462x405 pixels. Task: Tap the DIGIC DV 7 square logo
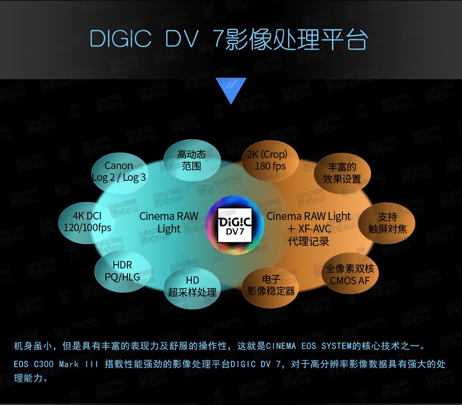pos(235,225)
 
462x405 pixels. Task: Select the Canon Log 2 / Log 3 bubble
pos(119,173)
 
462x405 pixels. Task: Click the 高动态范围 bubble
pos(192,160)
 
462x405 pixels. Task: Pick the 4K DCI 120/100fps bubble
pos(87,223)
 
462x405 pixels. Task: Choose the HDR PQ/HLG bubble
pos(123,271)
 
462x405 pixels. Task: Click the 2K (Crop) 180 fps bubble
pos(270,161)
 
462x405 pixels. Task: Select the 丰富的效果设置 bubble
pos(342,173)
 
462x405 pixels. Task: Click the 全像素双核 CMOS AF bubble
pos(350,274)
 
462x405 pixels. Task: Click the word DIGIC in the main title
pos(120,39)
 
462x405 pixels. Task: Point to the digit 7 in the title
pos(218,39)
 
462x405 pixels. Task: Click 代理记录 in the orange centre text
pos(308,241)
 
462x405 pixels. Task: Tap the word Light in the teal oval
pos(169,229)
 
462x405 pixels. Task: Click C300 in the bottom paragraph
pos(43,364)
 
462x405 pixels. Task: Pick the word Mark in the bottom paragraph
pos(69,364)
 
